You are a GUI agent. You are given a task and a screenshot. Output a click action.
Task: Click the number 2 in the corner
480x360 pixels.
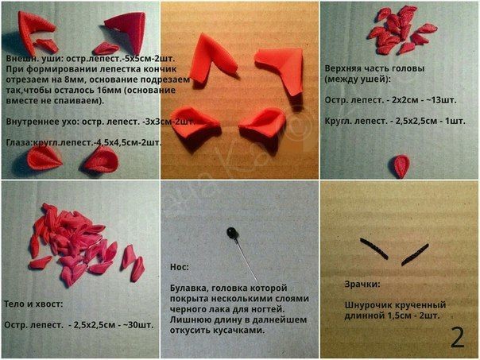pos(457,337)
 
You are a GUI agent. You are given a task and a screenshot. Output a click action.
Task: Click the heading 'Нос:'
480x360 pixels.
pos(180,267)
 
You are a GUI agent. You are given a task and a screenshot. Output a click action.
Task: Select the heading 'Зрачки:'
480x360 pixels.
pos(362,284)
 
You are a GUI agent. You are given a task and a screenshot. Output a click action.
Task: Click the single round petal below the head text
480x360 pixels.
pos(399,165)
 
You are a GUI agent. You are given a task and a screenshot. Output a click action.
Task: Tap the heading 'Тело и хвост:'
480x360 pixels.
pos(32,304)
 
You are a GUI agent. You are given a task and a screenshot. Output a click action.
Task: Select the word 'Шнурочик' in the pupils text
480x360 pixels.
pos(370,304)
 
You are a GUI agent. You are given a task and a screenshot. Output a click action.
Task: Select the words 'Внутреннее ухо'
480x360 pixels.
pos(36,122)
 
